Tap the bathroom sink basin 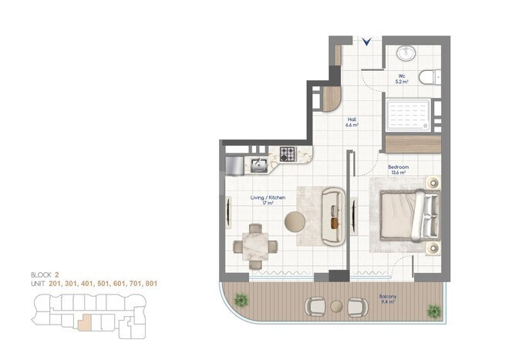pyautogui.click(x=405, y=54)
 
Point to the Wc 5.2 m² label pyautogui.click(x=401, y=79)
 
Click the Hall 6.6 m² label pyautogui.click(x=352, y=122)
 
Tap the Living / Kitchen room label pyautogui.click(x=268, y=200)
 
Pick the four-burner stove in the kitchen pyautogui.click(x=289, y=153)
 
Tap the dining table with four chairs pyautogui.click(x=257, y=246)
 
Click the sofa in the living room pyautogui.click(x=332, y=217)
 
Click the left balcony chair pyautogui.click(x=316, y=306)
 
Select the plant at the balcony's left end pyautogui.click(x=240, y=299)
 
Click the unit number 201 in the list pyautogui.click(x=54, y=284)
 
